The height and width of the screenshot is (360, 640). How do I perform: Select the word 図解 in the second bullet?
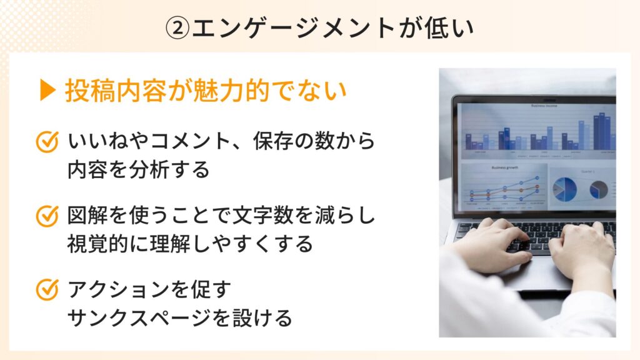(85, 216)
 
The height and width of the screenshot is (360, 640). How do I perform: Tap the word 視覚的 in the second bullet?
(94, 244)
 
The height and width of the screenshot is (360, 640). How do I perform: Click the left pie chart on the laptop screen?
(565, 187)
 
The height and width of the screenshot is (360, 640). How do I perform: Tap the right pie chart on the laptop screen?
(598, 189)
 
